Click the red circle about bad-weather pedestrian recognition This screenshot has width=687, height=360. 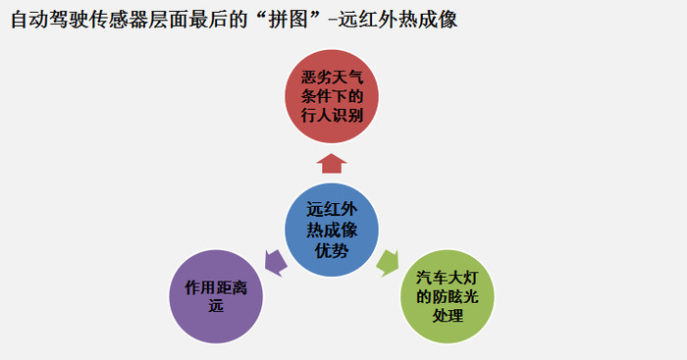point(332,96)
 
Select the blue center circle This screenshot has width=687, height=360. point(332,230)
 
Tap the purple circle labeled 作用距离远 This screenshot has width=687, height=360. point(216,296)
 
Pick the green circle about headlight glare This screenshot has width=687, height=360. point(448,296)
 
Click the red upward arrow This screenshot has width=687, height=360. point(332,164)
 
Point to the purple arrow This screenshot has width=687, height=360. point(276,263)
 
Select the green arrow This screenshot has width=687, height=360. point(388,263)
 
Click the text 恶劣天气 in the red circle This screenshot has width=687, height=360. point(332,77)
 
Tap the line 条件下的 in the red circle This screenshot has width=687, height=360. point(332,96)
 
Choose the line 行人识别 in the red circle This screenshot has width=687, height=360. point(332,115)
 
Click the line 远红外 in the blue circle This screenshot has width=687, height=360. point(332,209)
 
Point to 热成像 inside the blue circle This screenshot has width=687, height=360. point(332,230)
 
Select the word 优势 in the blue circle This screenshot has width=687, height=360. point(332,250)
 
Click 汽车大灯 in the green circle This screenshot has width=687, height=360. point(448,278)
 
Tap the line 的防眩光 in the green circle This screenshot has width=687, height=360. point(448,296)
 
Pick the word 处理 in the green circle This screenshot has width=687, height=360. point(448,315)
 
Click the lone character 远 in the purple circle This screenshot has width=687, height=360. point(216,306)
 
